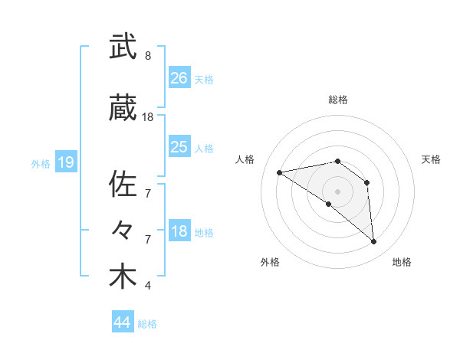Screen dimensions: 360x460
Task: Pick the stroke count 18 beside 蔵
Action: coord(148,117)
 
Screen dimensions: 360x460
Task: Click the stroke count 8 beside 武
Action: coord(148,56)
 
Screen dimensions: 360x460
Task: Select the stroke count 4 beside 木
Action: coord(148,286)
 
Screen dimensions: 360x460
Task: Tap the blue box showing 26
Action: coord(179,77)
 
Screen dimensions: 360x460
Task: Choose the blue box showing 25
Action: coord(179,146)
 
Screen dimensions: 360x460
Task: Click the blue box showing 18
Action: coord(179,231)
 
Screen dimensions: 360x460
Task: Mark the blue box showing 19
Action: coord(66,162)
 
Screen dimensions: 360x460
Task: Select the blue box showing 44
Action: coord(123,322)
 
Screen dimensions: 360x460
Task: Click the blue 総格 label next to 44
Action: coord(148,324)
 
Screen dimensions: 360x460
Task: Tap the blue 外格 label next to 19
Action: coord(41,163)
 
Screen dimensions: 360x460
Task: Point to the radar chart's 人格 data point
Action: coord(280,172)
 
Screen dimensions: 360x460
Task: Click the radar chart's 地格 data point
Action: coord(374,242)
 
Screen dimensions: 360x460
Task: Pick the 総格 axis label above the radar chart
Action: coord(337,100)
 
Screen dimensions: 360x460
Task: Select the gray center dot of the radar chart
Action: coord(337,191)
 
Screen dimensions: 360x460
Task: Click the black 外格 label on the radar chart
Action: coord(270,262)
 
